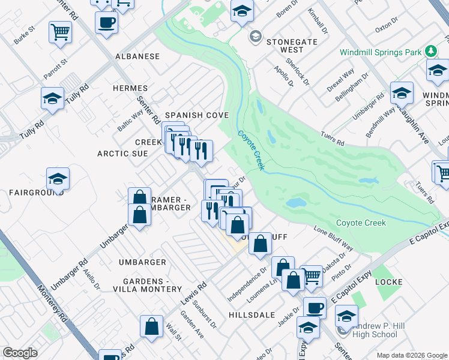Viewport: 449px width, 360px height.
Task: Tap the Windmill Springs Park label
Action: pos(381,52)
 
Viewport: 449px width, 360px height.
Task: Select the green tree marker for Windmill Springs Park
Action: pos(430,52)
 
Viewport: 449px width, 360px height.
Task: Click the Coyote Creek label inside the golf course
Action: pos(361,223)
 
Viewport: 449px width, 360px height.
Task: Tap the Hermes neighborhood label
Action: pos(130,88)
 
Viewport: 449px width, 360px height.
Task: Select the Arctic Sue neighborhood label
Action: pos(122,154)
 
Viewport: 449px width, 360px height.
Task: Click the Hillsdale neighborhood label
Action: pos(252,314)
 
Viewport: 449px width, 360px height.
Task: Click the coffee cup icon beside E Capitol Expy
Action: pos(314,308)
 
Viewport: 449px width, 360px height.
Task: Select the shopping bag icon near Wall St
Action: pos(151,326)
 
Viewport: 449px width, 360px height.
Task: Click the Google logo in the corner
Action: pos(20,353)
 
